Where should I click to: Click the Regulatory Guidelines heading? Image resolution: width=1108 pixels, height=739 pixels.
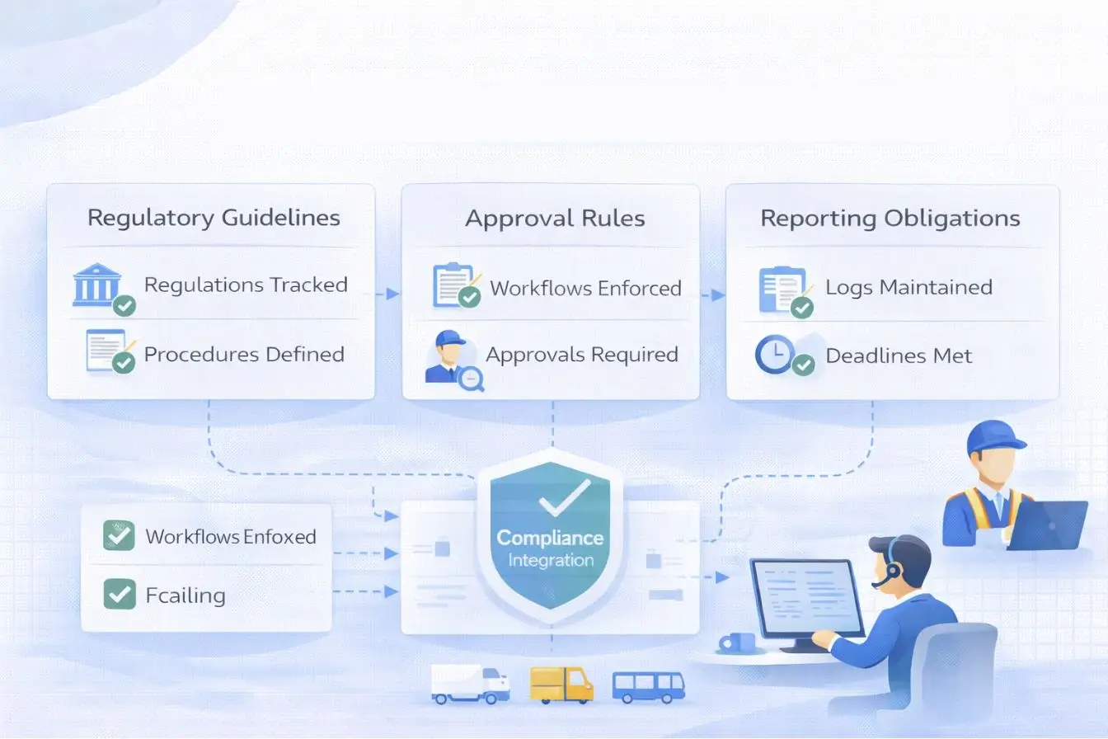coord(214,218)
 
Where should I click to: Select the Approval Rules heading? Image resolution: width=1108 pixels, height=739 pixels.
coord(555,218)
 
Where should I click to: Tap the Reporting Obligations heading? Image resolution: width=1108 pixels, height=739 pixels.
coord(890,218)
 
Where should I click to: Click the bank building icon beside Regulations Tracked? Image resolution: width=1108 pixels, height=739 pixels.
coord(97,286)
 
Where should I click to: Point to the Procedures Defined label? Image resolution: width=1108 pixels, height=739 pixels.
coord(244,355)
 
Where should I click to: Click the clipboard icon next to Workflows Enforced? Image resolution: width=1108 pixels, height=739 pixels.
coord(453,285)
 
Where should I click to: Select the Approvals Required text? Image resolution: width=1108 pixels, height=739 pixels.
coord(581,355)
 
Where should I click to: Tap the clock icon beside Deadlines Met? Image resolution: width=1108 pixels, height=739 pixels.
coord(775,355)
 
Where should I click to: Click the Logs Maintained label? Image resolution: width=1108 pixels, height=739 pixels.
coord(908,287)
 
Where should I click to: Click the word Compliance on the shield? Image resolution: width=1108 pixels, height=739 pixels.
coord(550,539)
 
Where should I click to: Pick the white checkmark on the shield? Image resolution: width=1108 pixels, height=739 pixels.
coord(564,497)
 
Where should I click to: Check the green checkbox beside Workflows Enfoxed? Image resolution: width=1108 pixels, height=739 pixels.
coord(120,536)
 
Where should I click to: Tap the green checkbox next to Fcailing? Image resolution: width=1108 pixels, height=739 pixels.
coord(120,594)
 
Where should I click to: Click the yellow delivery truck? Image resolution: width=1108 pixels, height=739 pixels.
coord(561,685)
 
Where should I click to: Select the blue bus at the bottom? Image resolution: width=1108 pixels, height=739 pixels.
coord(648,686)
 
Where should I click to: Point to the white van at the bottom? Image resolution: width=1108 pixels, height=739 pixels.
coord(469,685)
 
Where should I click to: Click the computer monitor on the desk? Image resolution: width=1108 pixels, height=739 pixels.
coord(805,600)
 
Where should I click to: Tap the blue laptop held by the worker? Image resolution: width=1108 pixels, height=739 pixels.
coord(1047,525)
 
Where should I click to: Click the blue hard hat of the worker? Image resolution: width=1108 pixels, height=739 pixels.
coord(995,437)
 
